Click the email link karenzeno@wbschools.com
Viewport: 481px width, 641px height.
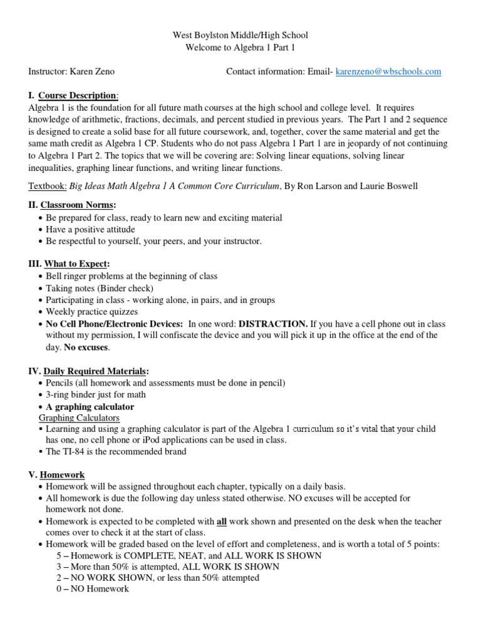(388, 72)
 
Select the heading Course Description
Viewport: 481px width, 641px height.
(78, 96)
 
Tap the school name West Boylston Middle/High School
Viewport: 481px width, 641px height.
(240, 36)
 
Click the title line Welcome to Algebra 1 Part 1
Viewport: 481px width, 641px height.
(240, 48)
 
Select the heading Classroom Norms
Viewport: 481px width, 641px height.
(78, 205)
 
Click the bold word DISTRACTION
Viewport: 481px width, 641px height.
(274, 324)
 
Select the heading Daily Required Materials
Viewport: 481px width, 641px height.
(95, 371)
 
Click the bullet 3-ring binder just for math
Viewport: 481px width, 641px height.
(96, 394)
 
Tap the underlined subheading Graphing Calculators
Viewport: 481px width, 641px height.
(79, 418)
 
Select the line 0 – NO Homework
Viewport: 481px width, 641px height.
(93, 589)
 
